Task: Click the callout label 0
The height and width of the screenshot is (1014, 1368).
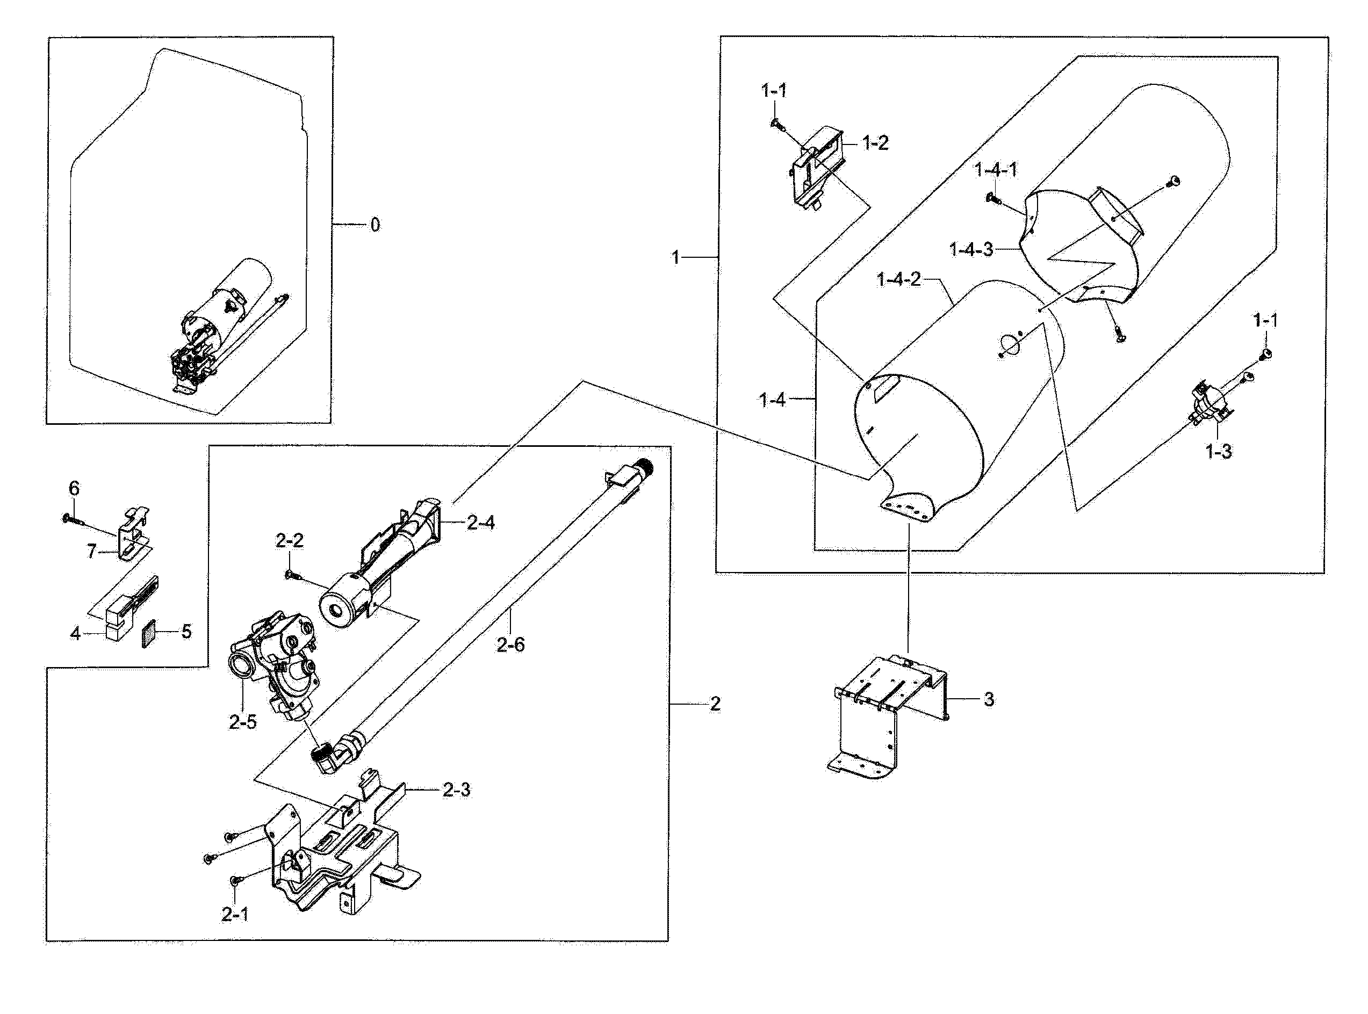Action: (x=375, y=225)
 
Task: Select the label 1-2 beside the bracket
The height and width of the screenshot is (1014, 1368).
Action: (x=875, y=143)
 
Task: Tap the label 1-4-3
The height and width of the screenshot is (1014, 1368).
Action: (x=971, y=250)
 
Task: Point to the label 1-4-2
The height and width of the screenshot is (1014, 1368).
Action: (x=898, y=280)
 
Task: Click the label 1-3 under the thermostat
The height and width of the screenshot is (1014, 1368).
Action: (x=1218, y=452)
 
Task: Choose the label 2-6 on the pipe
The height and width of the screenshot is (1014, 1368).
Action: (x=511, y=644)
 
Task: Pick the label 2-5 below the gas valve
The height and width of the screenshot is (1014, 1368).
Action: (x=242, y=722)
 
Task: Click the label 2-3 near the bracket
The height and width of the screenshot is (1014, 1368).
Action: (x=456, y=790)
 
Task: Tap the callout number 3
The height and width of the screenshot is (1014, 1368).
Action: (x=989, y=699)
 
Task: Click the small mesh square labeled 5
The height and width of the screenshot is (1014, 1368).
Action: (x=149, y=633)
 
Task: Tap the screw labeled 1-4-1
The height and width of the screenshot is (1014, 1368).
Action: (x=993, y=198)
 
